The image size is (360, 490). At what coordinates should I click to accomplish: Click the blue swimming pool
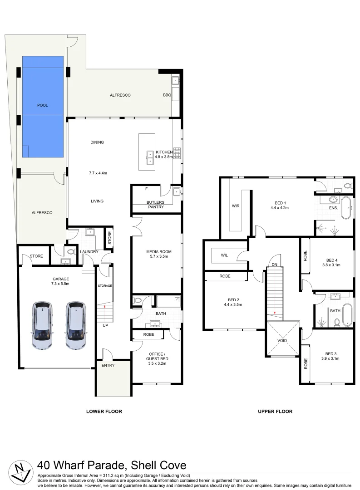(43, 107)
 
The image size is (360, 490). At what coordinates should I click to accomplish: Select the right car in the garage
(75, 325)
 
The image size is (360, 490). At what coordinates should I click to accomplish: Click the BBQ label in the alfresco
(167, 95)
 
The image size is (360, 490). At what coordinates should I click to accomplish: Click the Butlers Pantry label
(155, 205)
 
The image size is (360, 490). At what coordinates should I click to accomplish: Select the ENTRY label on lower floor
(108, 365)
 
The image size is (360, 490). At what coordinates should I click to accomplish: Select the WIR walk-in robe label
(235, 206)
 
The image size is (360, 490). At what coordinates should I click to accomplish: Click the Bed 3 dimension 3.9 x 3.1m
(330, 358)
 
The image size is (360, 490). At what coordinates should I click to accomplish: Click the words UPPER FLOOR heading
(275, 412)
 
